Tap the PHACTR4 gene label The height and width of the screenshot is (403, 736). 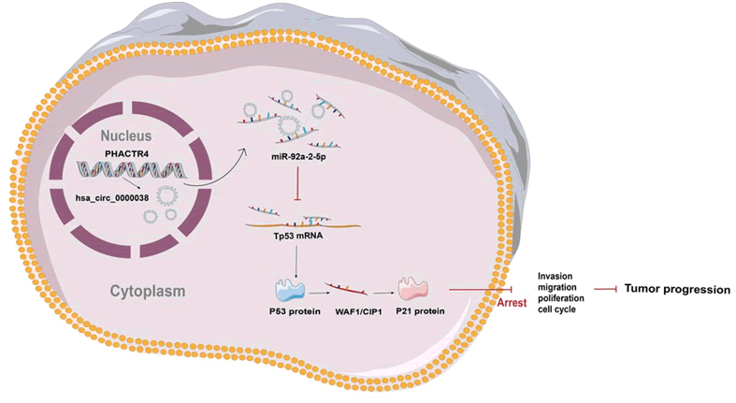click(x=118, y=152)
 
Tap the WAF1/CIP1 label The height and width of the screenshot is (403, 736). click(x=361, y=310)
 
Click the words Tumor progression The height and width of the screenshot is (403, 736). click(x=677, y=290)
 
